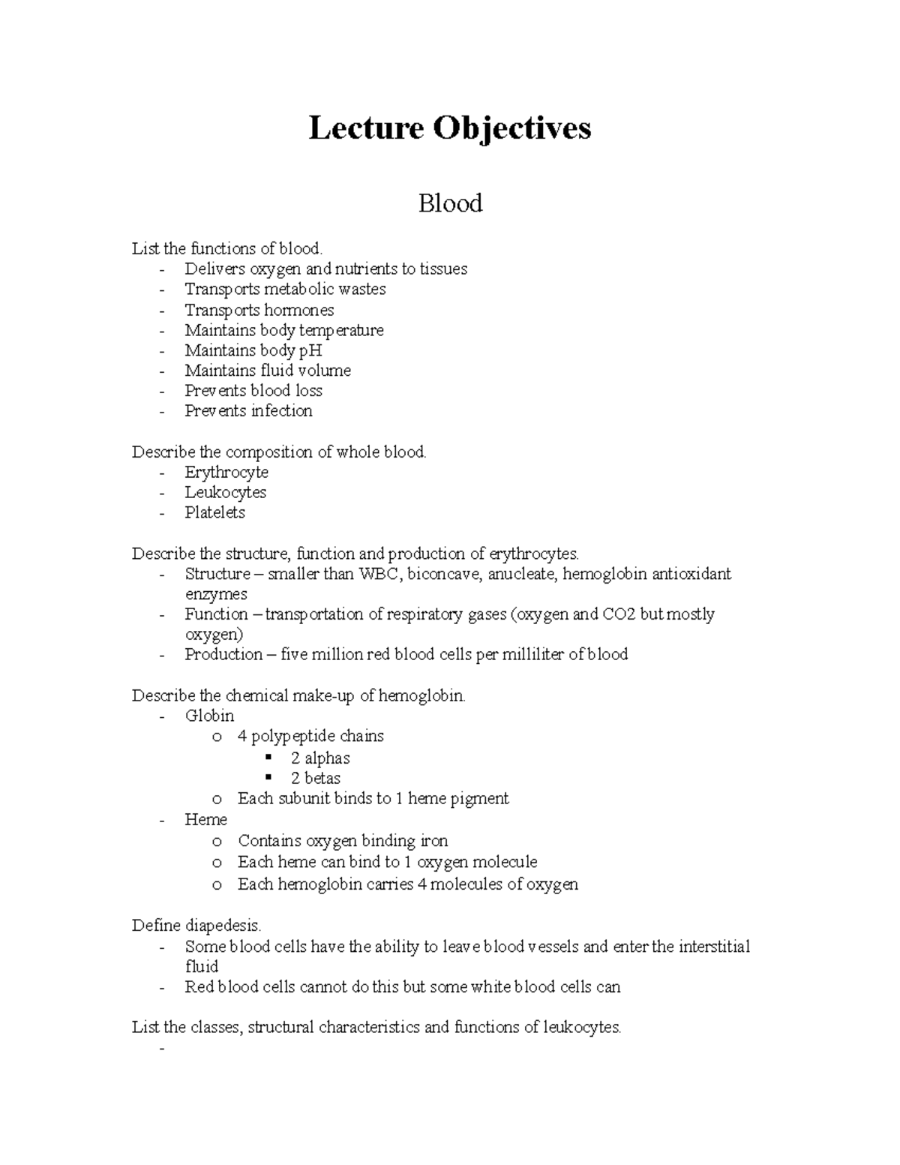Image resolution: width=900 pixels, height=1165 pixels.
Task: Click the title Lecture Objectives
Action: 449,128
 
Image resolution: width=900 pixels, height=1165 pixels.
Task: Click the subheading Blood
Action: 450,203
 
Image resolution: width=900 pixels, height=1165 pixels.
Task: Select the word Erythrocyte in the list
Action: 226,473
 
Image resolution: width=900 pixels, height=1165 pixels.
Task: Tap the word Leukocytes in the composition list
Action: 226,493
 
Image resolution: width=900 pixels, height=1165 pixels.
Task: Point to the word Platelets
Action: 214,513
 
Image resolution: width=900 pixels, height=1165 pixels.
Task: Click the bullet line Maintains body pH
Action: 253,350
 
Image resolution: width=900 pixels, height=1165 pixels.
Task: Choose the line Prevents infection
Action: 248,411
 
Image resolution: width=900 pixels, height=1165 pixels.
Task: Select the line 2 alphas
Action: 320,758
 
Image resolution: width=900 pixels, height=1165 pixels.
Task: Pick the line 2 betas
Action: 316,779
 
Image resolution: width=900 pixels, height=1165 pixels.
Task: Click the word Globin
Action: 209,716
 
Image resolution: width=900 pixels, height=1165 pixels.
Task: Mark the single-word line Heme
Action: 205,820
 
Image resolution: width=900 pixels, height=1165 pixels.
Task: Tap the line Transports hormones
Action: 259,310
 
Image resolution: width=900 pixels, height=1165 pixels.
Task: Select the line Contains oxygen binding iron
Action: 343,842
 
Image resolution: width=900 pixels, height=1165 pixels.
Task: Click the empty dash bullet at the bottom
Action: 161,1049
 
